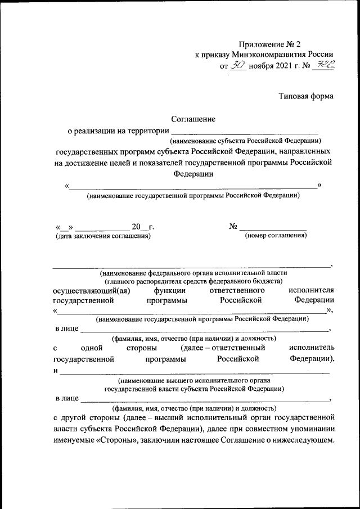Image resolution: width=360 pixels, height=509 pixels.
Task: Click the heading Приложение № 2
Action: [274, 44]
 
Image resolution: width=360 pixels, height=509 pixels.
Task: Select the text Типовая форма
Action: [307, 96]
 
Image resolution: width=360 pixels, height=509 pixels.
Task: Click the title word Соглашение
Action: [193, 119]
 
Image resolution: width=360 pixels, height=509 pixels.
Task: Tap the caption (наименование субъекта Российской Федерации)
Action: [245, 141]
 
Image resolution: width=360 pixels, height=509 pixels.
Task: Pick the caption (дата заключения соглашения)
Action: [102, 236]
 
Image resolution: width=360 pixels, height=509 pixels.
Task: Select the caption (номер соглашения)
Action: [276, 236]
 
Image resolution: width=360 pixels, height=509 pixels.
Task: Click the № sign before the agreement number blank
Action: [233, 226]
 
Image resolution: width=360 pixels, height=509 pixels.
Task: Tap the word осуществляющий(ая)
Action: [92, 290]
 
